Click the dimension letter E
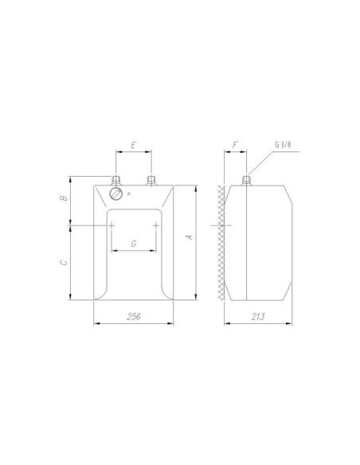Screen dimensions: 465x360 tap(134, 147)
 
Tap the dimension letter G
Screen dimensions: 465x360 tap(133, 241)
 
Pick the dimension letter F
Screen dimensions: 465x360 tap(233, 147)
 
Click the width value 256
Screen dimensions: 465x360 tap(133, 317)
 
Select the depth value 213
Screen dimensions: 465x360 tap(257, 317)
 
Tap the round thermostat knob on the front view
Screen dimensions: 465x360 tap(116, 193)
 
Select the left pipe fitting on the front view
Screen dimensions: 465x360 tap(116, 180)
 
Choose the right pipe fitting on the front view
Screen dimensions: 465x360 tap(151, 180)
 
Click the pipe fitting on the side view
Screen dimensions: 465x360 tap(246, 180)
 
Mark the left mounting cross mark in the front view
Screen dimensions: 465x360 tap(112, 225)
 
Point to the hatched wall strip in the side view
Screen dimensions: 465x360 tap(221, 243)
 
